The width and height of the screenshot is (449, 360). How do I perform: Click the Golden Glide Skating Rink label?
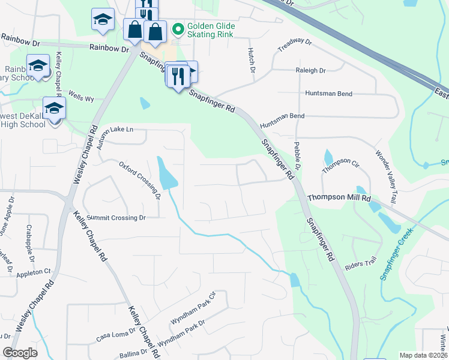pyautogui.click(x=211, y=31)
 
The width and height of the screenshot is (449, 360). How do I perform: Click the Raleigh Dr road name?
pyautogui.click(x=310, y=70)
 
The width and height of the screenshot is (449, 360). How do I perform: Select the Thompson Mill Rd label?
pyautogui.click(x=340, y=197)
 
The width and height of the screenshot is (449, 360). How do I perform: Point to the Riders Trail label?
pyautogui.click(x=360, y=262)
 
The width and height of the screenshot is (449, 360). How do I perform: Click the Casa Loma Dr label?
pyautogui.click(x=116, y=337)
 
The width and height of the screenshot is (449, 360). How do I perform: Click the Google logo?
pyautogui.click(x=20, y=353)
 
